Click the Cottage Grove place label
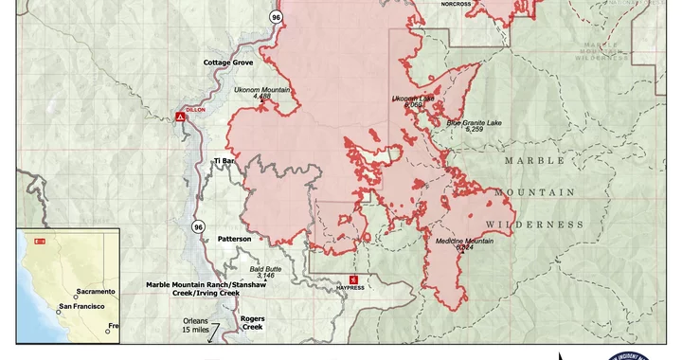pyautogui.click(x=228, y=63)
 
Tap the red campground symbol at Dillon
pyautogui.click(x=179, y=117)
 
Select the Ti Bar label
pyautogui.click(x=224, y=162)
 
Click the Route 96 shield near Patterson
pyautogui.click(x=198, y=226)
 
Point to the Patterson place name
pyautogui.click(x=234, y=239)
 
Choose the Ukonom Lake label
pyautogui.click(x=414, y=98)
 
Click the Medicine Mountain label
pyautogui.click(x=464, y=242)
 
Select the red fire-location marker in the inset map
pyautogui.click(x=40, y=242)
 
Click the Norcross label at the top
pyautogui.click(x=456, y=4)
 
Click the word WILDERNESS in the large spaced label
pyautogui.click(x=534, y=225)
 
